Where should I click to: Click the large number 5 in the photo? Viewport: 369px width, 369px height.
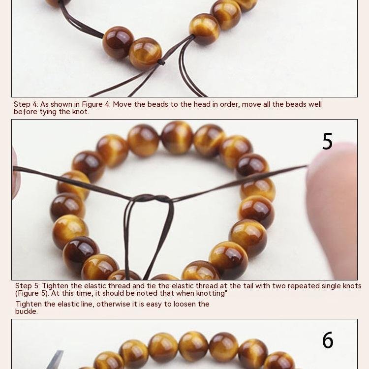[327, 141]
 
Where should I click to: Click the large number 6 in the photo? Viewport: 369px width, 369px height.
[328, 340]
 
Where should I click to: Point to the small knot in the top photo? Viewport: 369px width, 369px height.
[161, 62]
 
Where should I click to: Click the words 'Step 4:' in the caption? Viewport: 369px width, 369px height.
[26, 104]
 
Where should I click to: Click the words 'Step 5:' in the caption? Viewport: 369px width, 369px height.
[28, 286]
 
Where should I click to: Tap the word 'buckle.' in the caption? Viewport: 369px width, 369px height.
[27, 311]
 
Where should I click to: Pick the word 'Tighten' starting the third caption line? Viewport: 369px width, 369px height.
[29, 304]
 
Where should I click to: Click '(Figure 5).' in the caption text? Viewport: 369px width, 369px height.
[32, 293]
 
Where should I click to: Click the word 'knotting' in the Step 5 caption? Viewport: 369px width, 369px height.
[211, 293]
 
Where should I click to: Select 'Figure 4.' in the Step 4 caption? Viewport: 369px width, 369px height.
[96, 104]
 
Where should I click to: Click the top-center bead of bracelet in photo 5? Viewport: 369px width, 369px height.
[177, 138]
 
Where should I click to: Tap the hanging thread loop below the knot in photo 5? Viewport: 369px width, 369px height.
[148, 238]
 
